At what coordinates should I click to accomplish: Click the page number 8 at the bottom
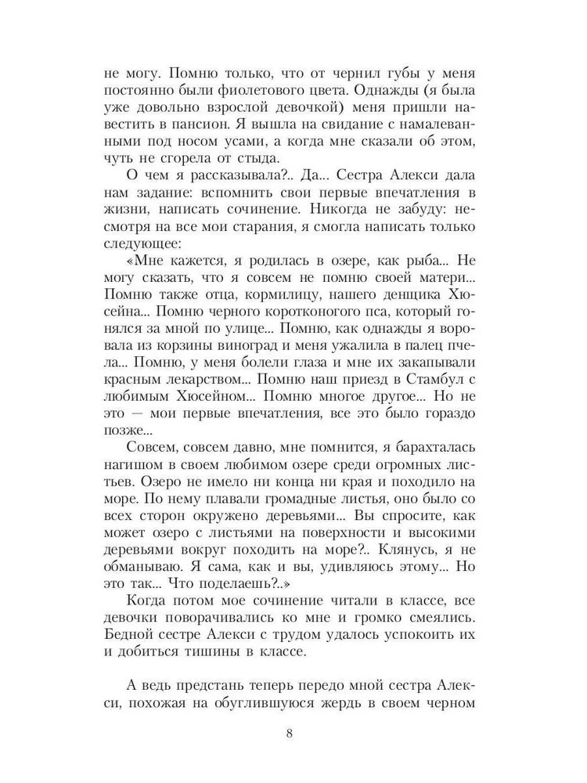(291, 734)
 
